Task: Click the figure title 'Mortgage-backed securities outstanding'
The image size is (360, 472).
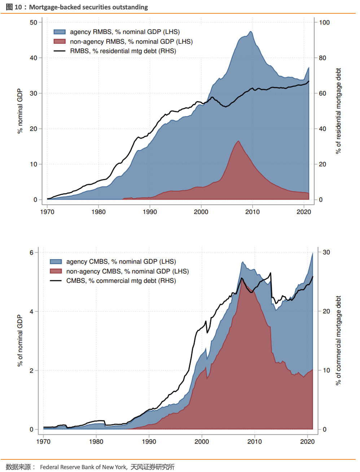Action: (x=88, y=7)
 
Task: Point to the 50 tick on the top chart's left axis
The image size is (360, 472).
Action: (x=34, y=22)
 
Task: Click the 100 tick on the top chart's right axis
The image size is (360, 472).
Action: (x=324, y=22)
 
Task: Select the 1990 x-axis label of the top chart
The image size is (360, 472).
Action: (x=150, y=212)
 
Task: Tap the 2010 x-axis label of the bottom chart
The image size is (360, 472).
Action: (x=254, y=442)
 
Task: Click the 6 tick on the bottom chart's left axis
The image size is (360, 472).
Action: (x=31, y=252)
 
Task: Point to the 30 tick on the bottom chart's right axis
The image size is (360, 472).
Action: (x=326, y=252)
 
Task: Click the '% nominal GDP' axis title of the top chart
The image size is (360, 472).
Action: (x=20, y=111)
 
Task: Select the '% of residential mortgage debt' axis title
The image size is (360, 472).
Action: (x=338, y=111)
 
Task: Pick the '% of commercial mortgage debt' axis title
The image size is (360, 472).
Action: (x=338, y=340)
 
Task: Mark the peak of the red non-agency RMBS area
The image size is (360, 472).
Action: (x=238, y=141)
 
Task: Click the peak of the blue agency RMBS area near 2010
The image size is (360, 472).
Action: (x=250, y=31)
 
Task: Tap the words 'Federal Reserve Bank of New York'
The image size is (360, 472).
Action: (x=83, y=467)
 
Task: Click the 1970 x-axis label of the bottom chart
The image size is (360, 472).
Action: (x=43, y=442)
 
